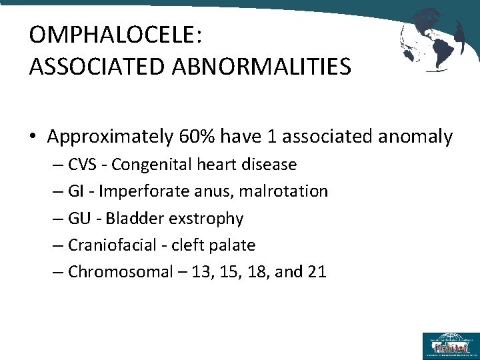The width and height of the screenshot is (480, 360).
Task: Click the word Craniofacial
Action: (x=111, y=245)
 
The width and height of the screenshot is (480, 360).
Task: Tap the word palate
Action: (x=232, y=245)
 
